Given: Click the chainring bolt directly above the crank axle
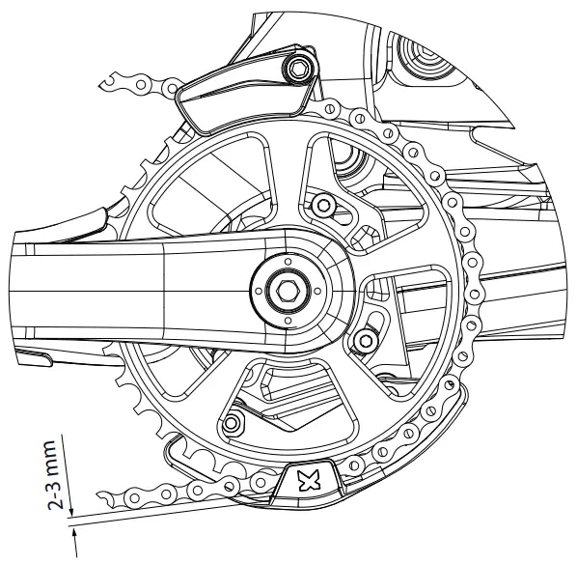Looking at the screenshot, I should [x=321, y=204].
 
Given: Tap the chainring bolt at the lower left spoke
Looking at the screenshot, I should [x=232, y=420].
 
